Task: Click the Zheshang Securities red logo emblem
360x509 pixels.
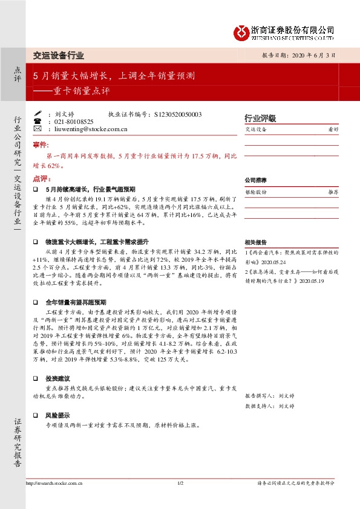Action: coord(242,30)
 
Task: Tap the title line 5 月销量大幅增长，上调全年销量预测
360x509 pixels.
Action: coord(113,76)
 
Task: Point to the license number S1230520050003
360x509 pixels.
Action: coord(178,114)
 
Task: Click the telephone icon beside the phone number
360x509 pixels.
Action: coord(38,122)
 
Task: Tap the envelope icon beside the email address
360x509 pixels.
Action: coord(38,129)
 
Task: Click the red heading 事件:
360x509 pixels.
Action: coord(40,146)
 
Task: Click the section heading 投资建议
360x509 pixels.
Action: coord(59,377)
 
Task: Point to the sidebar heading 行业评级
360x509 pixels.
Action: coord(260,118)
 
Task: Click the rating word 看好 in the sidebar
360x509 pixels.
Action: coord(333,129)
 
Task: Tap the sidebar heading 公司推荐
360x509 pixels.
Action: coord(255,180)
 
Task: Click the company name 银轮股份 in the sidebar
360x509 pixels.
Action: coord(256,191)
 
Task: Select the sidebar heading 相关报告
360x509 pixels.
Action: coord(255,240)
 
